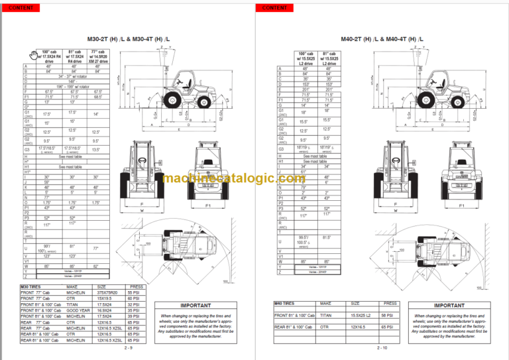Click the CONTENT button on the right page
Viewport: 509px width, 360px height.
click(x=274, y=7)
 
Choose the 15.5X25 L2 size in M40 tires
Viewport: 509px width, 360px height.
click(x=363, y=316)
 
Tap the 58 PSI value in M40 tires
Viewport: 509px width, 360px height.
click(x=391, y=316)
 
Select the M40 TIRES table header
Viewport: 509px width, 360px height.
click(x=286, y=303)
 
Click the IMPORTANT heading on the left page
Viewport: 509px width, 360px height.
click(x=192, y=305)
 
